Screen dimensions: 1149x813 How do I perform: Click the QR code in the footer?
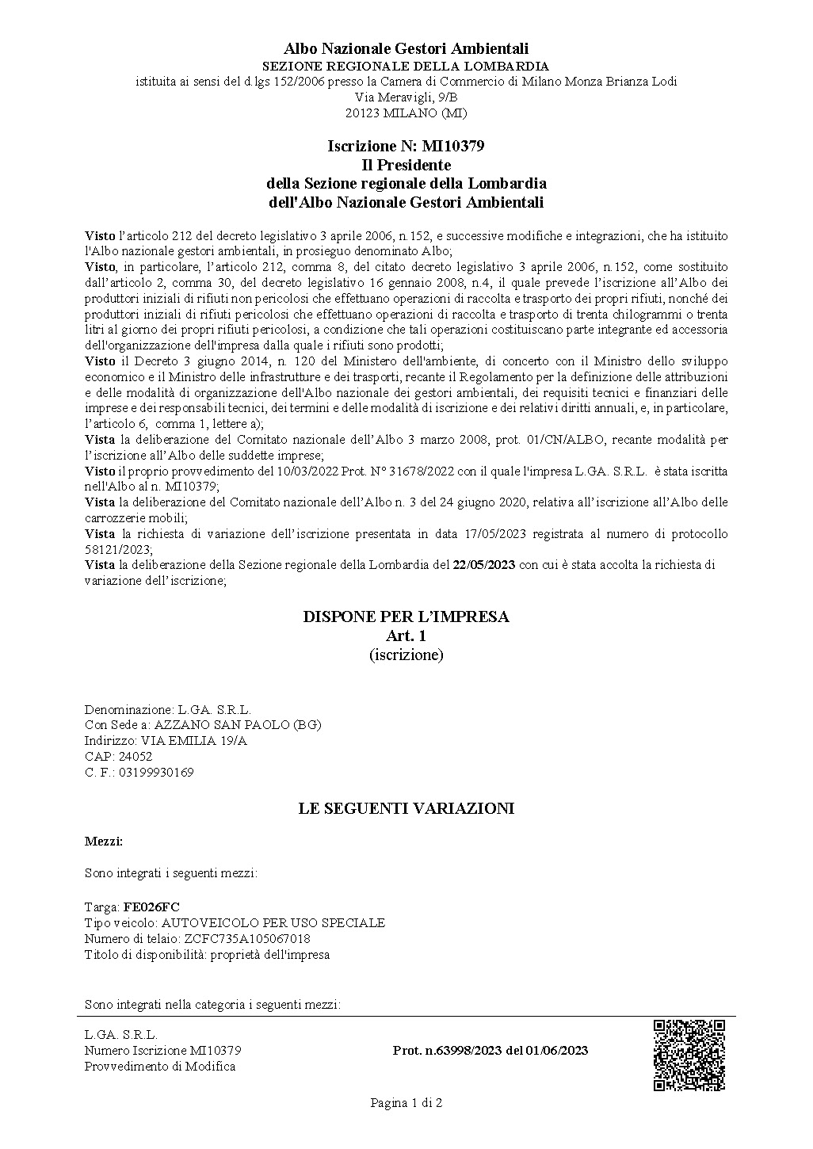click(x=689, y=1055)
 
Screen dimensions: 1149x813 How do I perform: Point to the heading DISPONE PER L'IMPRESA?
click(x=406, y=616)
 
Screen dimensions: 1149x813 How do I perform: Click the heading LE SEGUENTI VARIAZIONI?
click(x=406, y=808)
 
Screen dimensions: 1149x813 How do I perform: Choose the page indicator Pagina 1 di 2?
click(x=406, y=1102)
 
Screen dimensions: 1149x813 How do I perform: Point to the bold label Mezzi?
click(x=104, y=841)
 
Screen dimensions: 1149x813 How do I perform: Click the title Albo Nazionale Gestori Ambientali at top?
click(x=406, y=50)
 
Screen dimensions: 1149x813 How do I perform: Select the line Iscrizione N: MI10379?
click(x=406, y=147)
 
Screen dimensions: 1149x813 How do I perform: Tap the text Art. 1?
click(x=406, y=636)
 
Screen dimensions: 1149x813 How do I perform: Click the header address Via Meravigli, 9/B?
click(x=406, y=97)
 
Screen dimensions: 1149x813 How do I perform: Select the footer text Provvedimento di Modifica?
click(x=159, y=1067)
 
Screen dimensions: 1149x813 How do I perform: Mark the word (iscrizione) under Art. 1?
click(x=406, y=655)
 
